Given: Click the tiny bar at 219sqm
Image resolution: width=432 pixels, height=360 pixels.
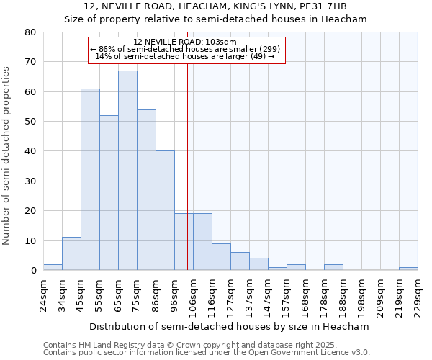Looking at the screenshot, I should [408, 269].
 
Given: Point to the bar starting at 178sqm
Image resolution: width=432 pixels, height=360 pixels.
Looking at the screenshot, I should [333, 267].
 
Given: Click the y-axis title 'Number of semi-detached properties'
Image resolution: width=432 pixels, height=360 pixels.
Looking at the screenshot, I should [7, 155].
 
